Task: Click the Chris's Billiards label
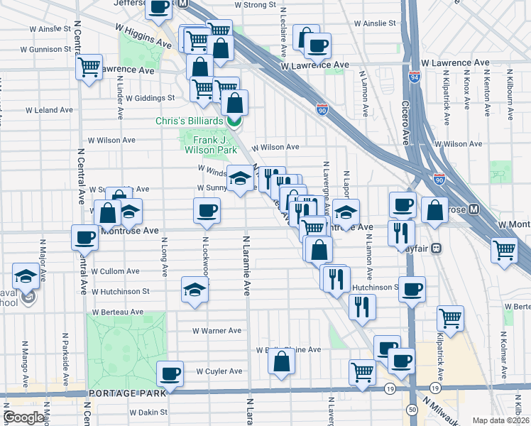coord(189,121)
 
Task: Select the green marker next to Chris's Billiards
coord(234,121)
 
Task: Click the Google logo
coord(23,417)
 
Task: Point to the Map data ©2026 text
coord(500,420)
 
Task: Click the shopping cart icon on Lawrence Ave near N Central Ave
coord(89,67)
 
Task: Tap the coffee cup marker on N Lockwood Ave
coord(207,210)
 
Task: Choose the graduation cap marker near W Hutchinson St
coord(195,289)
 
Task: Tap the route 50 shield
coord(412,410)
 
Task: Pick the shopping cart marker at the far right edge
coord(504,249)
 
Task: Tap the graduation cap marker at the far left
coord(26,275)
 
